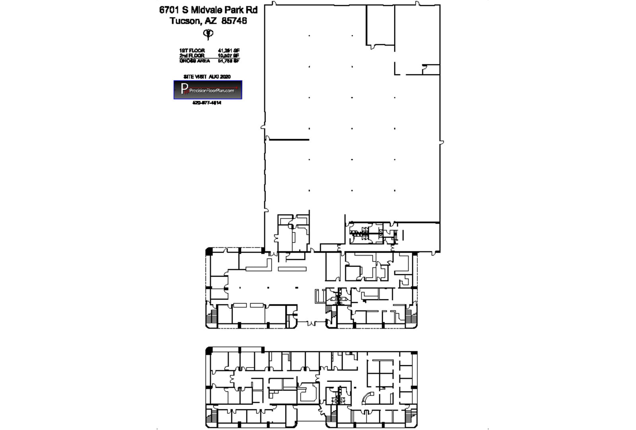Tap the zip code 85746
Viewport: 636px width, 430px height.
[234, 21]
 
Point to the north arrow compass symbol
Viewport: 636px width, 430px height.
[208, 34]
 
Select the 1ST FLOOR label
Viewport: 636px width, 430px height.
[192, 50]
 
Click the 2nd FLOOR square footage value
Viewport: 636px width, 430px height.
[229, 56]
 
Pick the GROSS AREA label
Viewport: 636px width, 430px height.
[194, 61]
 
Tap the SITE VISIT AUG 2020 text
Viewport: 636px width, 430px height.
[207, 76]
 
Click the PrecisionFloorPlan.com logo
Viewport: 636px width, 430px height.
[207, 90]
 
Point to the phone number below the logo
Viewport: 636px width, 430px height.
[207, 103]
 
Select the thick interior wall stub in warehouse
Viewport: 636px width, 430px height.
[289, 139]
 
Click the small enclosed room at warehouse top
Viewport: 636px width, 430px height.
[380, 25]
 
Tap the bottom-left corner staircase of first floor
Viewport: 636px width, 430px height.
[211, 316]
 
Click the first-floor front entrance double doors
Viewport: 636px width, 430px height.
[311, 322]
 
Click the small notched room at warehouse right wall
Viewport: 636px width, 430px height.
[431, 69]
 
